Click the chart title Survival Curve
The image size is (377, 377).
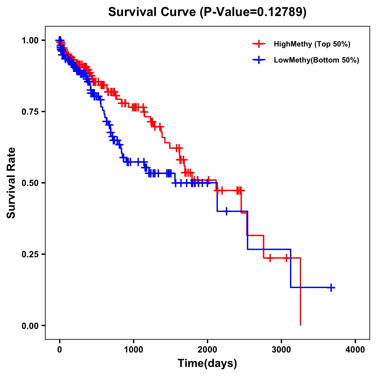click(x=153, y=12)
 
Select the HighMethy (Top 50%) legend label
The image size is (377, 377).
click(x=312, y=44)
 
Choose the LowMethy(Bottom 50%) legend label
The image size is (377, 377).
click(x=316, y=60)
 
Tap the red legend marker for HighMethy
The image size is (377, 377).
click(x=259, y=44)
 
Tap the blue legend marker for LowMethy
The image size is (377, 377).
click(x=259, y=60)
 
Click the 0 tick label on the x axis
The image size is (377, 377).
click(x=60, y=350)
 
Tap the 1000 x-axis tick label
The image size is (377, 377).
click(x=134, y=350)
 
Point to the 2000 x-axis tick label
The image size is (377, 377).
click(x=207, y=350)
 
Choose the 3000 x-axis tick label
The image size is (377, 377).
click(x=281, y=350)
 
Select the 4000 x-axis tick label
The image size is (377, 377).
click(x=355, y=350)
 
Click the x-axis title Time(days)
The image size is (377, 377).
click(x=207, y=363)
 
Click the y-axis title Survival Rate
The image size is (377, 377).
click(x=11, y=183)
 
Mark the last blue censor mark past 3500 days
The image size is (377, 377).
click(x=331, y=287)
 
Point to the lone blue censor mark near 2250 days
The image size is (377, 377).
click(x=226, y=211)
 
